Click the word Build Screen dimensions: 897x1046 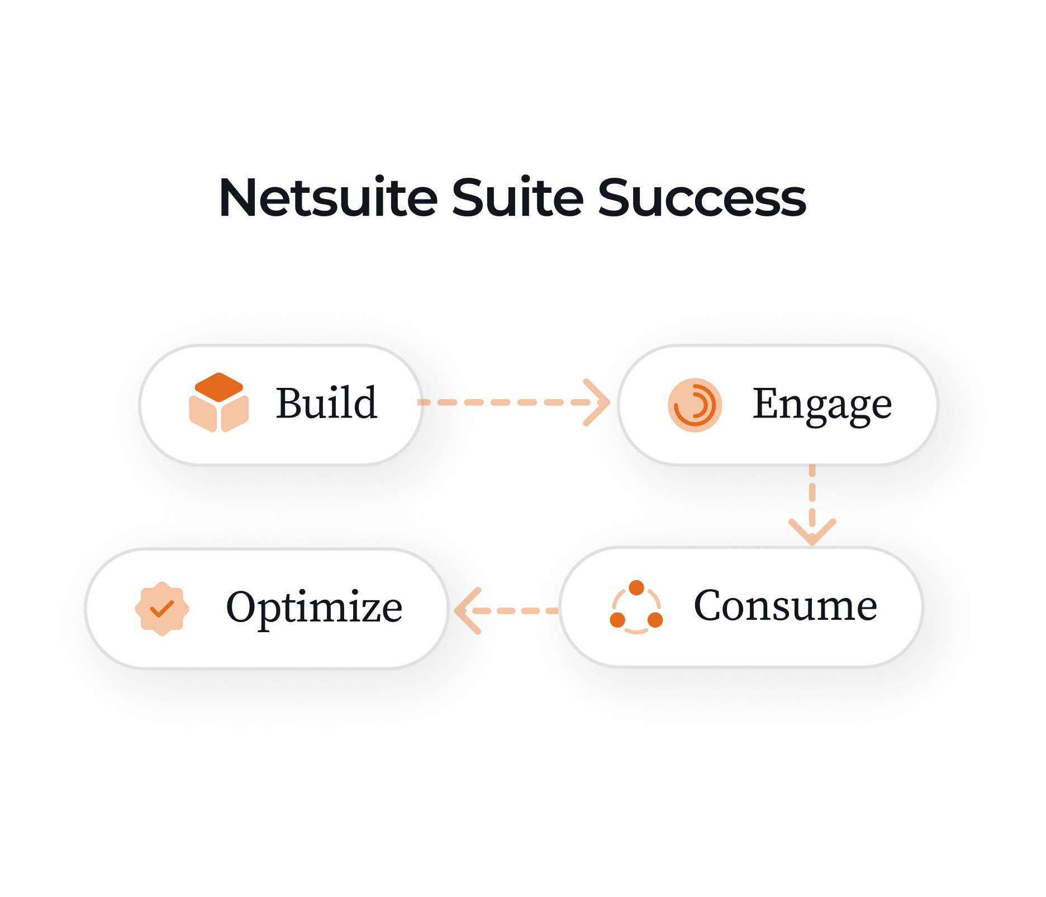tap(326, 403)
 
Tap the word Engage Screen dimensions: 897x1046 tap(822, 404)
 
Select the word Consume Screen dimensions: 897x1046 tap(785, 606)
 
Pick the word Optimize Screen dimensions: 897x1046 tap(314, 608)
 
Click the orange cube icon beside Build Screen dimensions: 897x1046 tap(219, 402)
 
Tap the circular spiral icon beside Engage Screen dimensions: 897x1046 tap(695, 405)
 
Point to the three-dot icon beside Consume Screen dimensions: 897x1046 tap(636, 608)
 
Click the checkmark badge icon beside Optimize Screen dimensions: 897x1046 tap(162, 609)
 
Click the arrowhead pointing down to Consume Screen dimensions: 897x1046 tap(812, 531)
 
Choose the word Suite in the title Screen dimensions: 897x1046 tap(517, 198)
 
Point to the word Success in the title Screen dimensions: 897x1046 tap(702, 198)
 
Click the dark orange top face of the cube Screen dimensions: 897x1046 tap(219, 386)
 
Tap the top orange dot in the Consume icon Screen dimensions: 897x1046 tap(636, 588)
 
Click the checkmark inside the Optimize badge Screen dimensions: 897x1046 tap(162, 609)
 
